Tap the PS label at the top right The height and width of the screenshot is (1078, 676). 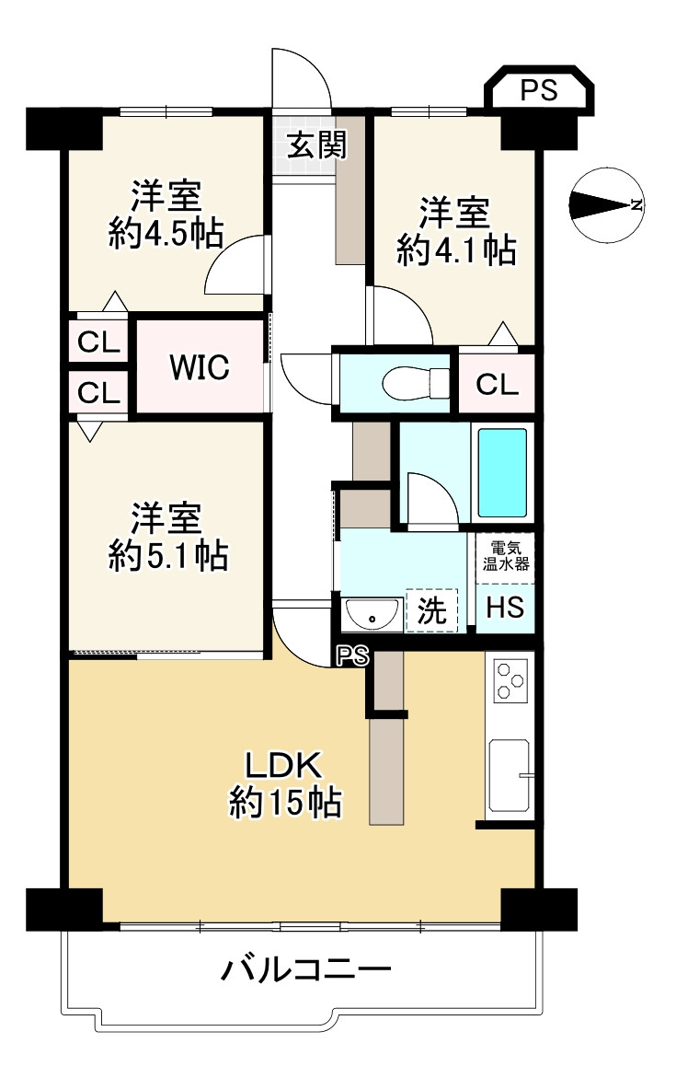tap(539, 90)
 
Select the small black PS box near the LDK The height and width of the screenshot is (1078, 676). tap(352, 655)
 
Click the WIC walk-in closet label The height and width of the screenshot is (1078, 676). tap(199, 368)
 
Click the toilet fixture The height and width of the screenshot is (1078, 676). tap(415, 382)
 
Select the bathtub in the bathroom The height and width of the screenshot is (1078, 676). tap(502, 471)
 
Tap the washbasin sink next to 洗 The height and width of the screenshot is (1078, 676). tap(372, 612)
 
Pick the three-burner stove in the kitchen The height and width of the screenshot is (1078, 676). tap(509, 682)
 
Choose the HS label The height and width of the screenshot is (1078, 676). tap(504, 608)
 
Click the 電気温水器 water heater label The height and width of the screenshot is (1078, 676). tap(504, 555)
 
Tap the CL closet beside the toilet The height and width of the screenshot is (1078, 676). tap(497, 384)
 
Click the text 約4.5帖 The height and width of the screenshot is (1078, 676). tap(166, 234)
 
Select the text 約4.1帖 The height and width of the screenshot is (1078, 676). tap(455, 249)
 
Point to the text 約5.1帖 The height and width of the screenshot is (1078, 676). tap(166, 554)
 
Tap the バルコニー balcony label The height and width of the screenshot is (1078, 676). tap(306, 969)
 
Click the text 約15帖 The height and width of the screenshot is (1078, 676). tap(285, 804)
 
